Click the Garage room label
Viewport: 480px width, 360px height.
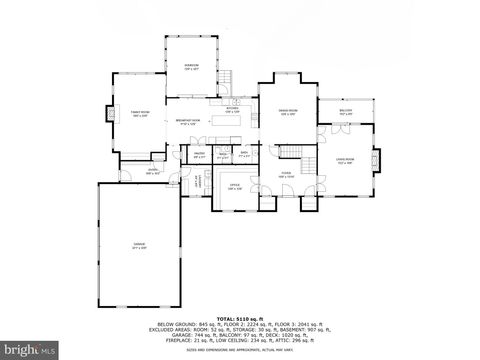point(139,244)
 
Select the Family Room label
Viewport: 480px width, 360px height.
point(140,114)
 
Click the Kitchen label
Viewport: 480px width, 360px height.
point(232,108)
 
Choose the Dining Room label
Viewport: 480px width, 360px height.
point(287,114)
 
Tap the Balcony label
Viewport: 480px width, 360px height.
point(345,114)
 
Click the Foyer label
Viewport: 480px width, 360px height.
point(285,176)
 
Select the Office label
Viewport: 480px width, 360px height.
point(234,187)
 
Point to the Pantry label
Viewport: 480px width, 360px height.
point(199,155)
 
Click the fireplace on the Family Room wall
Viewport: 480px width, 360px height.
point(112,114)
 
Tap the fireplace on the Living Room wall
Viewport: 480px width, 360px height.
point(377,159)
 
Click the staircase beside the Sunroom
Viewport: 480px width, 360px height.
point(226,77)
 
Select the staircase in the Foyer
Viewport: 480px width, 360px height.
point(310,166)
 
